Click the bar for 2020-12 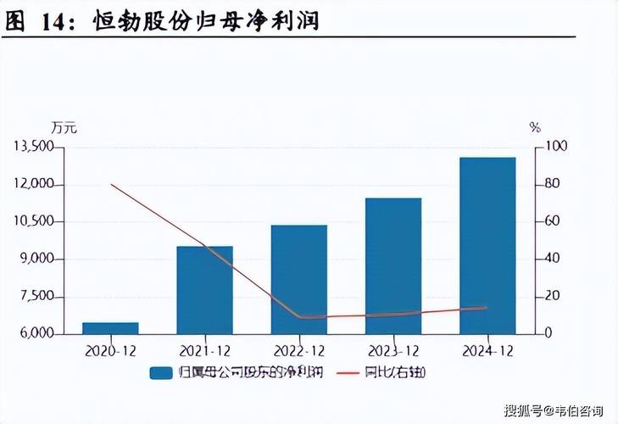click(110, 328)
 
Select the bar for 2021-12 click(204, 290)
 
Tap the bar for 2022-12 click(299, 279)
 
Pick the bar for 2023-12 click(393, 265)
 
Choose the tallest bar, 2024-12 click(487, 245)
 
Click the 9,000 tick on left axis click(37, 259)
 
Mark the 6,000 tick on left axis click(37, 334)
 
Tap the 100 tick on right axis click(554, 148)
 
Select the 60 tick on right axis click(551, 222)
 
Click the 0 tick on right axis click(548, 334)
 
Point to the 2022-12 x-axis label click(299, 350)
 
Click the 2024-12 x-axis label click(487, 350)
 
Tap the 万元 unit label click(64, 128)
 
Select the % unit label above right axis click(534, 128)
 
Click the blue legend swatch click(161, 373)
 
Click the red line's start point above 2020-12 click(111, 184)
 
